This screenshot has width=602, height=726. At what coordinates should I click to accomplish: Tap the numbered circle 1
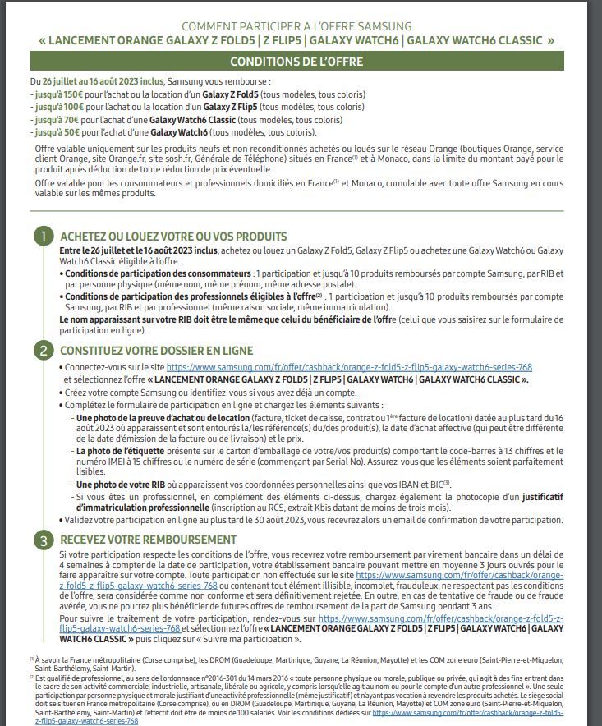point(44,237)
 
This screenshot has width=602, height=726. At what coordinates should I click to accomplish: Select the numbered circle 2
point(44,350)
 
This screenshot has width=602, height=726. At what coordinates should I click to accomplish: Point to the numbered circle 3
point(44,540)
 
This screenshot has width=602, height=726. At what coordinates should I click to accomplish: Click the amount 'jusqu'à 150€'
point(54,94)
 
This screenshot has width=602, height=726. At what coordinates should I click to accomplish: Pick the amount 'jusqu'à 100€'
point(54,107)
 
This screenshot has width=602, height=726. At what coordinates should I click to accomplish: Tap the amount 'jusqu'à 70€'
point(53,120)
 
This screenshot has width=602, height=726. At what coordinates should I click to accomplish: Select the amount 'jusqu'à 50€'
point(53,132)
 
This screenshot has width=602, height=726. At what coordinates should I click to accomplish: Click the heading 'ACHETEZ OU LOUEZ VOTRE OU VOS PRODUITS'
point(173,237)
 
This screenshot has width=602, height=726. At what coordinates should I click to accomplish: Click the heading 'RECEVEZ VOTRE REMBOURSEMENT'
point(148,540)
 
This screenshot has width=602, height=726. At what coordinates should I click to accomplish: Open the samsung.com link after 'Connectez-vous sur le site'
point(349,367)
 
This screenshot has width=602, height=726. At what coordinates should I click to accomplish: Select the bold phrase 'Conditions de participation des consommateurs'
point(158,273)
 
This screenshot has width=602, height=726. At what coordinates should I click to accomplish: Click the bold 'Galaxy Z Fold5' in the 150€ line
point(234,94)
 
